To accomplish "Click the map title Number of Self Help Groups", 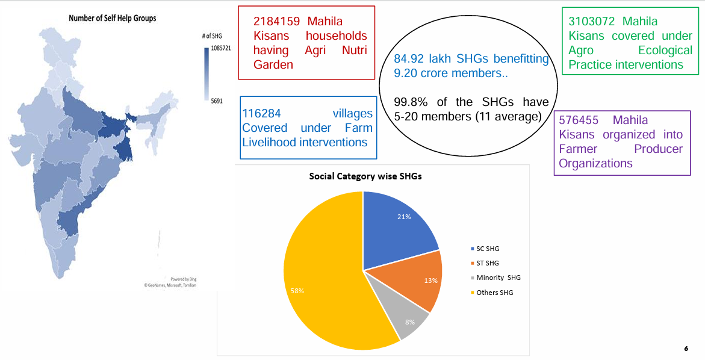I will pyautogui.click(x=113, y=18).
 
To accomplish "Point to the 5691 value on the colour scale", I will pyautogui.click(x=217, y=101).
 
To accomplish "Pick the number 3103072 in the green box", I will pyautogui.click(x=591, y=21).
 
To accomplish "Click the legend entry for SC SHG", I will pyautogui.click(x=488, y=249).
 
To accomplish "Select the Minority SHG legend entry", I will pyautogui.click(x=498, y=278).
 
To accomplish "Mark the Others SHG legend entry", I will pyautogui.click(x=494, y=292).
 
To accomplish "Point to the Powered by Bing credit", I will pyautogui.click(x=184, y=279).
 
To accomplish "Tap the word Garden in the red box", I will pyautogui.click(x=273, y=65).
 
